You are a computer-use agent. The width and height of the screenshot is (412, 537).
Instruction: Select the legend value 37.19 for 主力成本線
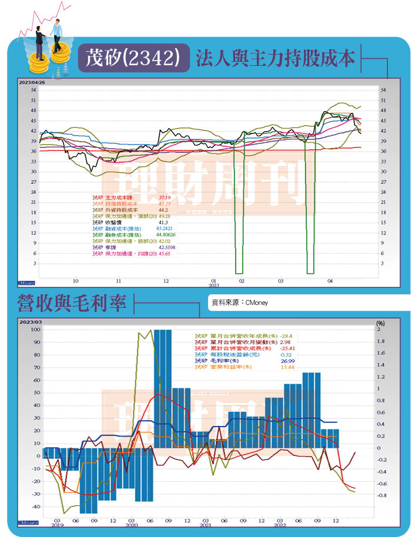pos(165,197)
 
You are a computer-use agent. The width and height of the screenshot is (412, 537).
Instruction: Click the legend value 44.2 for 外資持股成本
pos(163,210)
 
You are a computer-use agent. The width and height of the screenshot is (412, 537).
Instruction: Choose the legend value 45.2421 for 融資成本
pos(168,229)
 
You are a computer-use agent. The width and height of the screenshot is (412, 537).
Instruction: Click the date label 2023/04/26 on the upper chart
pos(32,82)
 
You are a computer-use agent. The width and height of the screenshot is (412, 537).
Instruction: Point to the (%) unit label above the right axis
pos(380,323)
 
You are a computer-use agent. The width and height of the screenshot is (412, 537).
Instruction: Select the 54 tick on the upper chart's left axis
pos(34,90)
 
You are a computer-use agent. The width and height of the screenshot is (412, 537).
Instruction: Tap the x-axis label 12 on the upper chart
pos(166,281)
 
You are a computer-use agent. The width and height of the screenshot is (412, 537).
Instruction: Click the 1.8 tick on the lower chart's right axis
pos(381,341)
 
